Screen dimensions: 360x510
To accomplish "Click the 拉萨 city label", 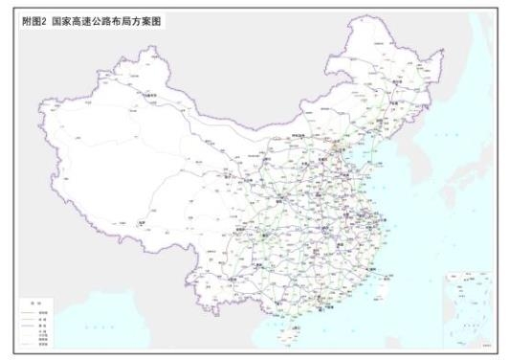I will click(144, 222).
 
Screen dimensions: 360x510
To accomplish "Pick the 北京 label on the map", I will click(336, 144).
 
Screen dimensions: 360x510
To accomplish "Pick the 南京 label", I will click(365, 212).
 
